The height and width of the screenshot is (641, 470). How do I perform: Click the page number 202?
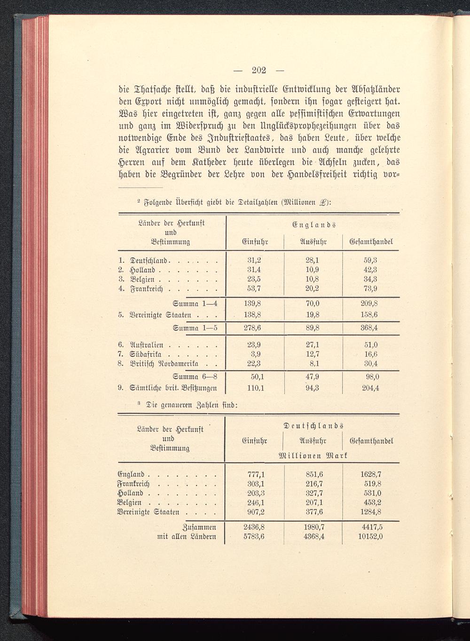tap(259, 71)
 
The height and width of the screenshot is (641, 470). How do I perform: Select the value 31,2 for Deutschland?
tap(254, 260)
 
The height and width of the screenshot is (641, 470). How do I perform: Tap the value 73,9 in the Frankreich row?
tap(371, 288)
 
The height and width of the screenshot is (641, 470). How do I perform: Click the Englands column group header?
tap(313, 224)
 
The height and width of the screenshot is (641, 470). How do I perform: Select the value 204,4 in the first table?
tap(370, 388)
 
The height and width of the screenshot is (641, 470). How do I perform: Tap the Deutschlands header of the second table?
tap(313, 426)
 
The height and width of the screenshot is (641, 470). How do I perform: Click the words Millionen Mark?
tap(313, 456)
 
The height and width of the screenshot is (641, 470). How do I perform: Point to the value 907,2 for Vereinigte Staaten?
tap(256, 512)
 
